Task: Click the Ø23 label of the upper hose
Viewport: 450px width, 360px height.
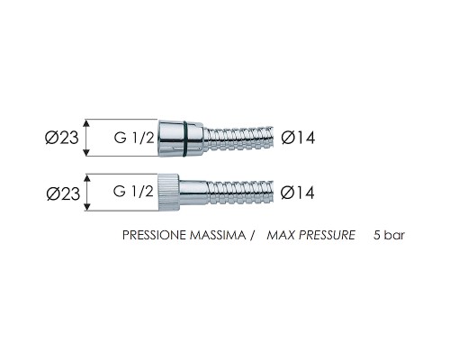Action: pos(62,138)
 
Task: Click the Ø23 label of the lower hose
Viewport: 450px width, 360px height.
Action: pos(63,193)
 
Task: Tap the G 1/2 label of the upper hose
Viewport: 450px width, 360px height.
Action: pos(134,138)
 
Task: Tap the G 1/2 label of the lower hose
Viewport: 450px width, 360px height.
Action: pos(133,191)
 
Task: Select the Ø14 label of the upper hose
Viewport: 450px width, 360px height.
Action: pos(298,138)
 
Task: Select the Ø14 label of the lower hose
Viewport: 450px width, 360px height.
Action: pos(298,193)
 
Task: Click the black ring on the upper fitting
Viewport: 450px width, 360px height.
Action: pos(185,139)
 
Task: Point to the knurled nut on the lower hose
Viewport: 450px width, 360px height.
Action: pos(169,193)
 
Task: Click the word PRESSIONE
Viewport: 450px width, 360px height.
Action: pos(155,235)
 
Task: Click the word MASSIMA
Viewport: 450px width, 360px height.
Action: pos(218,235)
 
